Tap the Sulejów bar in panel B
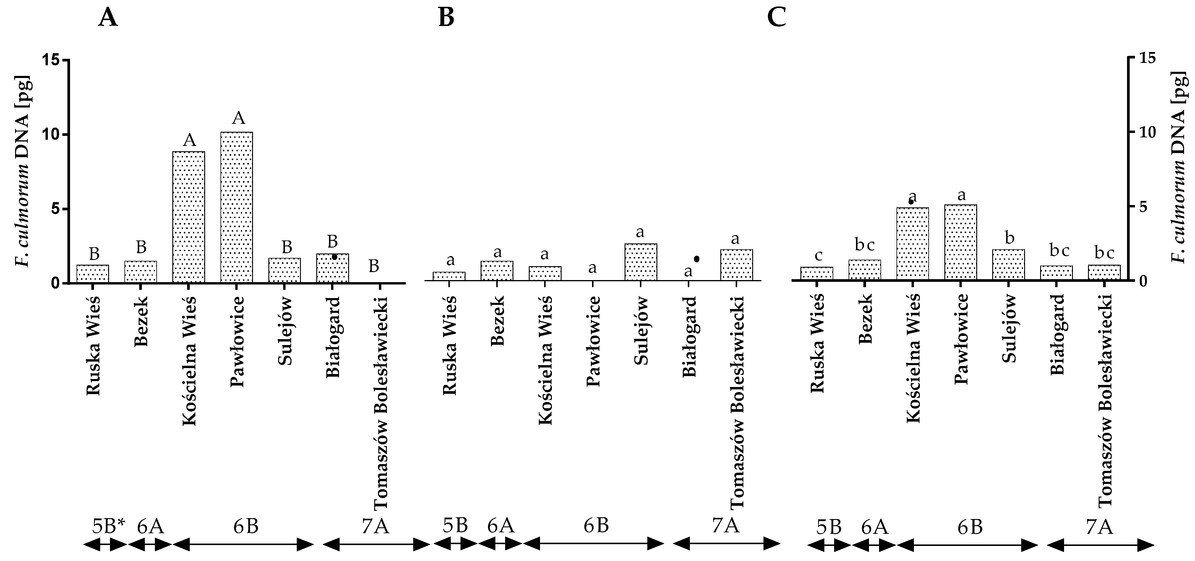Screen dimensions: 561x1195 pos(641,262)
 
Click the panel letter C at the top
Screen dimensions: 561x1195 pos(776,19)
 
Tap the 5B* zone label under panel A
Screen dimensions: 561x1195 pos(108,527)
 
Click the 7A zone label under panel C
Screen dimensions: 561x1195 pos(1100,527)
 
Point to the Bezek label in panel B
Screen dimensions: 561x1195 pos(497,320)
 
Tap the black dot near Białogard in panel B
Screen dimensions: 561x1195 pos(696,259)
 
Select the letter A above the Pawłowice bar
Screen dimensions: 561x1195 pos(239,118)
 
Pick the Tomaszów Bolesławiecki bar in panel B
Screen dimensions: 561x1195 pos(736,265)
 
